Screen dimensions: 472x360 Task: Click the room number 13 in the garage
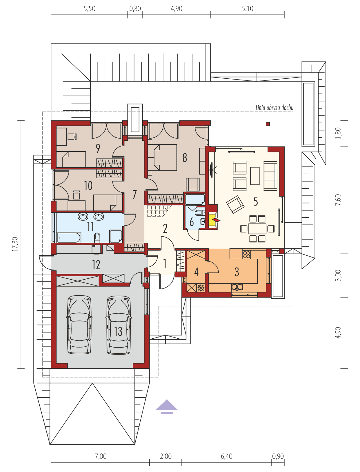click(x=118, y=331)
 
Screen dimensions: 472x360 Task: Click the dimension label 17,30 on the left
click(x=15, y=244)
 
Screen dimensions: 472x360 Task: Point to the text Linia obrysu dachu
click(x=274, y=108)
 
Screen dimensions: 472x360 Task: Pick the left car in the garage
click(x=79, y=324)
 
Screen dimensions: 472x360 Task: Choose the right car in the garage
click(x=119, y=324)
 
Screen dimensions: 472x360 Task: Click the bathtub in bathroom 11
click(x=69, y=237)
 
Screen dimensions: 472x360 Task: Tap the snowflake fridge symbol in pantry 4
click(x=201, y=288)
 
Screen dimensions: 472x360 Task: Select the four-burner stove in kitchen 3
click(x=247, y=254)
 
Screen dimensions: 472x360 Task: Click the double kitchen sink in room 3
click(x=237, y=287)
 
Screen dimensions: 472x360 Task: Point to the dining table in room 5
click(x=257, y=229)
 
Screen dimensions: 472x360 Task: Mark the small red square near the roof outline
click(x=268, y=124)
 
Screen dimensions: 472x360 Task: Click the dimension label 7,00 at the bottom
click(x=100, y=456)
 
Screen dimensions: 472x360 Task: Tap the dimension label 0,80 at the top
click(x=135, y=9)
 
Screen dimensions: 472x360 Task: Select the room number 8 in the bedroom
click(x=185, y=158)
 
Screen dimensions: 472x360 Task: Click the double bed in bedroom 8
click(x=165, y=157)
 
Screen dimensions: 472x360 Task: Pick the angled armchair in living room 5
click(x=235, y=204)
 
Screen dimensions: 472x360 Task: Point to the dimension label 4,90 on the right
click(x=338, y=332)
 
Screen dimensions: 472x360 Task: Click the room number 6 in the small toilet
click(x=192, y=222)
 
